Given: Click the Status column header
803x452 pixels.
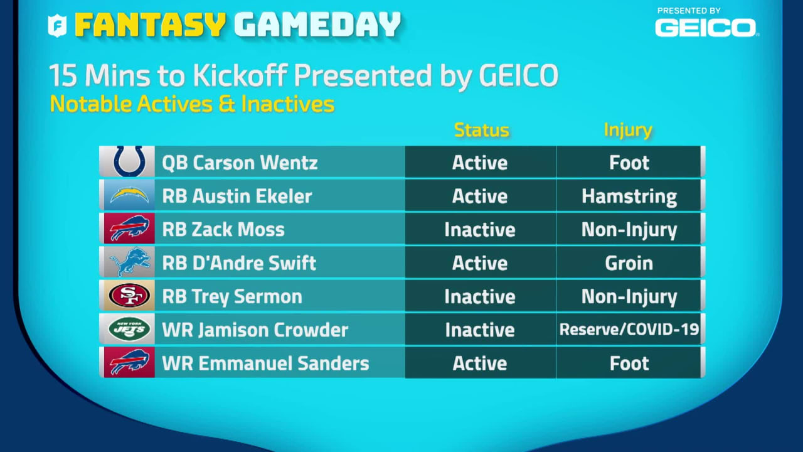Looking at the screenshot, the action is pyautogui.click(x=481, y=130).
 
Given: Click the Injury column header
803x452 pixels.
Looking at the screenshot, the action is pyautogui.click(x=628, y=130).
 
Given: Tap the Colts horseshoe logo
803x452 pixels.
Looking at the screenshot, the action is pyautogui.click(x=129, y=161).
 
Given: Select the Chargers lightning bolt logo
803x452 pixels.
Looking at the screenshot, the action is pyautogui.click(x=129, y=195).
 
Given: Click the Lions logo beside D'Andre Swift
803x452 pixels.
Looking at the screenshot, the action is pyautogui.click(x=129, y=262).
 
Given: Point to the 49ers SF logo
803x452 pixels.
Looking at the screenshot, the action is pyautogui.click(x=129, y=295).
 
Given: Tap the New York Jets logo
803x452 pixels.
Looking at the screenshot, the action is pyautogui.click(x=129, y=329).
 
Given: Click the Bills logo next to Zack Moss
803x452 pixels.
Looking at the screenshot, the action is pyautogui.click(x=129, y=228).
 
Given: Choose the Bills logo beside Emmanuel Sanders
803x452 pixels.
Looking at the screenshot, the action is pyautogui.click(x=129, y=362).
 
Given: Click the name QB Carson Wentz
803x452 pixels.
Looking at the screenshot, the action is pyautogui.click(x=240, y=163).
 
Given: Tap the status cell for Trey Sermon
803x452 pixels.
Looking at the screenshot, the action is pyautogui.click(x=481, y=296).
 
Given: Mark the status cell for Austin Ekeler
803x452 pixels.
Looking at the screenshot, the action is pyautogui.click(x=481, y=195).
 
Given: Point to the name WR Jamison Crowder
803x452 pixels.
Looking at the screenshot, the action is pyautogui.click(x=255, y=330).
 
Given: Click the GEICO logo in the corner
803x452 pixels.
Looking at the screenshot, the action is pyautogui.click(x=706, y=27).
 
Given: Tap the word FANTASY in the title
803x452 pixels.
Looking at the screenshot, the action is pyautogui.click(x=150, y=24).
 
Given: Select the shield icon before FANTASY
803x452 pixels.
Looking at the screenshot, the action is pyautogui.click(x=57, y=26).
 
